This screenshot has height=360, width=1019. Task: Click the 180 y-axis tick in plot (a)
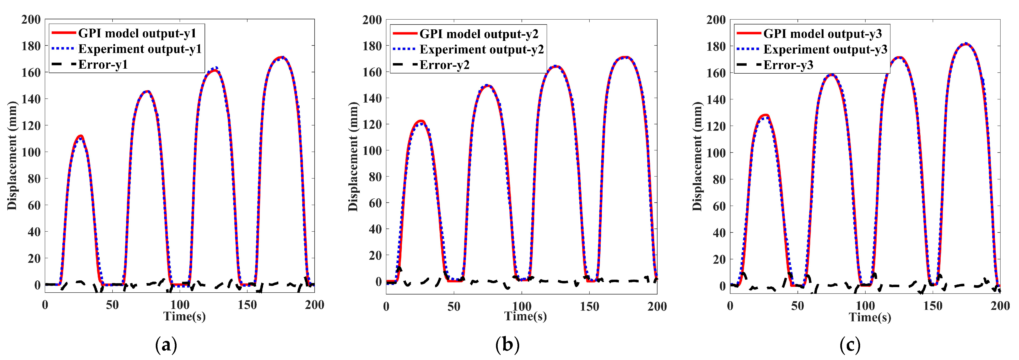(x=31, y=46)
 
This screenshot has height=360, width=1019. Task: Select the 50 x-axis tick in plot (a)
(x=112, y=305)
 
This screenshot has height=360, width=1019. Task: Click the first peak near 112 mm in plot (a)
(x=81, y=136)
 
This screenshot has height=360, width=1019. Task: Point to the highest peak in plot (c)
(x=965, y=44)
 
